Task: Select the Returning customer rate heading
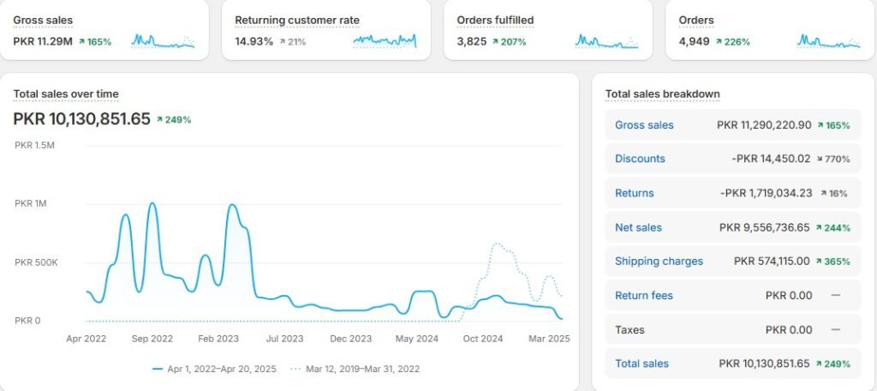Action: pos(297,19)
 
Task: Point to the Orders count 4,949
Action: pos(694,41)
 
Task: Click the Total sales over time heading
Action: pos(66,93)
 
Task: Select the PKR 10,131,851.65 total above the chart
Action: pos(81,119)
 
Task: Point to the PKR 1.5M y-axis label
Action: pos(34,145)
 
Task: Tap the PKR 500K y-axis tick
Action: pos(36,262)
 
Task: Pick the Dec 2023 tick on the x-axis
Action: pos(350,339)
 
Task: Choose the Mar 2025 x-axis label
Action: pos(548,339)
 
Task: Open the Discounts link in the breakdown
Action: pos(640,159)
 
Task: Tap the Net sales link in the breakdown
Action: pos(638,227)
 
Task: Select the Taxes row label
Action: pos(629,329)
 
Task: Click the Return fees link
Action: pos(644,295)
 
